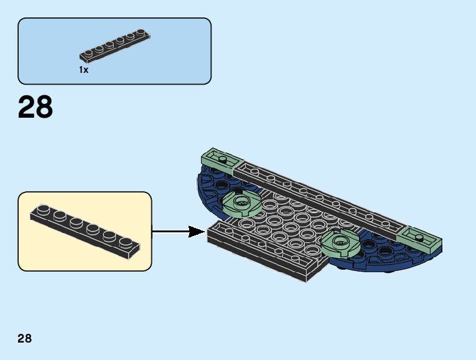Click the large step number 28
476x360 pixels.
click(x=35, y=107)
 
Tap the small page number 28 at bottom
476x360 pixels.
click(x=24, y=339)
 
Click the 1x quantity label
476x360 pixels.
click(x=84, y=70)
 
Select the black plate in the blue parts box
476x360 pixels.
click(x=115, y=46)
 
